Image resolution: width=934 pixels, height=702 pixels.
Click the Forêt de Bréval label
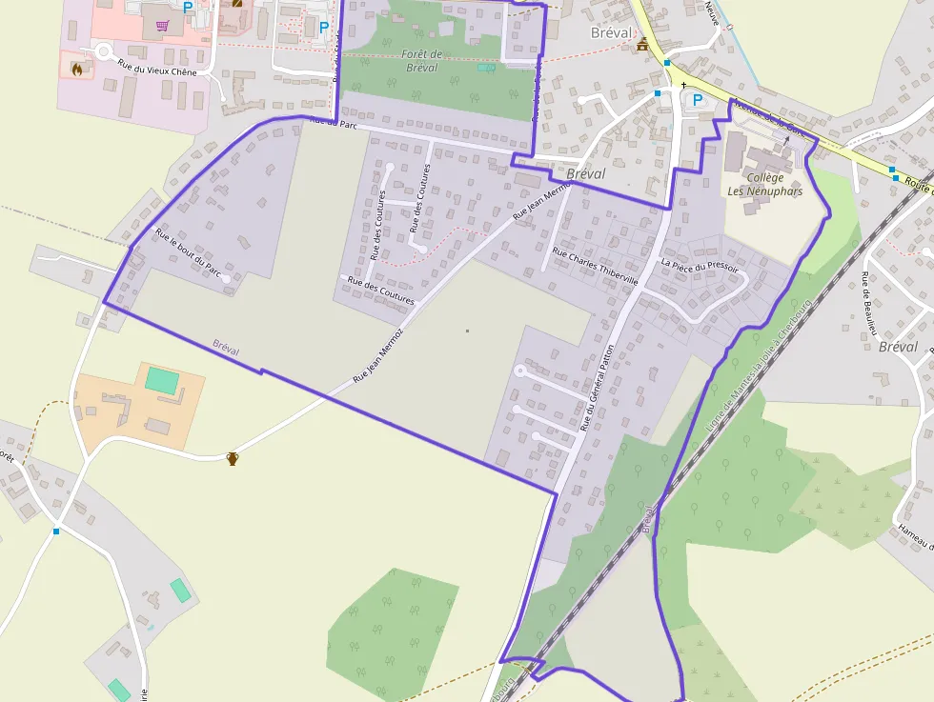(x=421, y=61)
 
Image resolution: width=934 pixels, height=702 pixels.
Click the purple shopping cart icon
(x=164, y=26)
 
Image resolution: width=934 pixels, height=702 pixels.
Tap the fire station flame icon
(x=76, y=67)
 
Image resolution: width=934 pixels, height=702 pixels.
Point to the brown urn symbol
(x=232, y=459)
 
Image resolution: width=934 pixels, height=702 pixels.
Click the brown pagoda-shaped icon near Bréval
(x=642, y=44)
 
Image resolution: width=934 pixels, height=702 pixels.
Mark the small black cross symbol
(x=683, y=86)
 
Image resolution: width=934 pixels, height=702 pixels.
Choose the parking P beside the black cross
(x=697, y=99)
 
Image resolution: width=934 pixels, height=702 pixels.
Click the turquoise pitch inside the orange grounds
(x=161, y=380)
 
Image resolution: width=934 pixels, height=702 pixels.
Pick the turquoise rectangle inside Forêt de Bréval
(x=486, y=68)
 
